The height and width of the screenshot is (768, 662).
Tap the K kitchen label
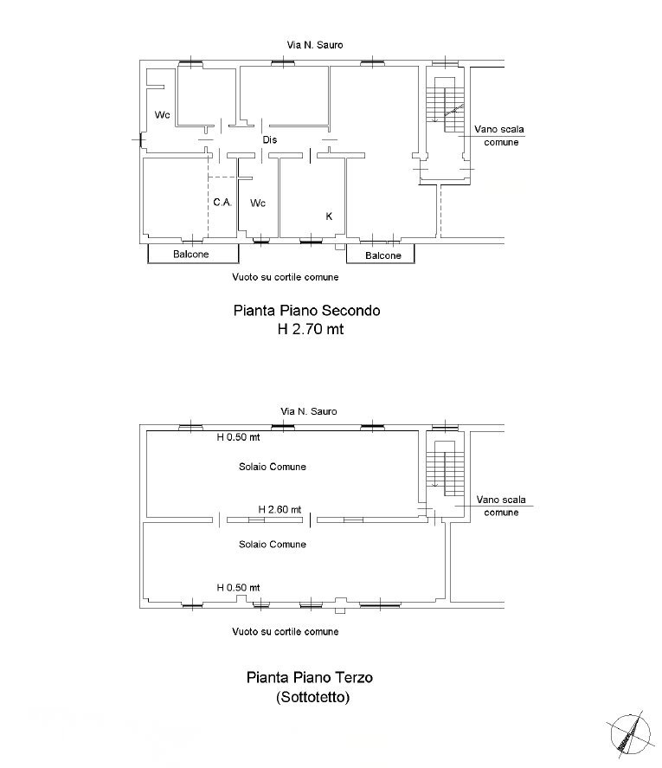point(329,216)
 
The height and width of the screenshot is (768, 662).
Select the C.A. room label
point(222,202)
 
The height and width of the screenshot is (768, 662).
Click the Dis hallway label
point(270,139)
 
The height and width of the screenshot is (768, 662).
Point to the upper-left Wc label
point(162,114)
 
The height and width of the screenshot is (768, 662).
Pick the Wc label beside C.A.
point(258,203)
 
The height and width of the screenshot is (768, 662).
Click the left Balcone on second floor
point(191,255)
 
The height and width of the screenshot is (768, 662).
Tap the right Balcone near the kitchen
point(382,255)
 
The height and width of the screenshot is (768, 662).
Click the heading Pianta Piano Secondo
point(306,311)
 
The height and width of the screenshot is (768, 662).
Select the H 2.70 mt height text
point(311,329)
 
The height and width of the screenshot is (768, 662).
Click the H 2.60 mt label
point(280,509)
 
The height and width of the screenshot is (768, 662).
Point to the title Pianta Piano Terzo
point(310,677)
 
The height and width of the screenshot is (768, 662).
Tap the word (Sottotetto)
point(313,696)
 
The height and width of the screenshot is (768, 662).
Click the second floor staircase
point(445,104)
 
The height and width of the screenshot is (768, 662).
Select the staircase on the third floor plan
point(445,468)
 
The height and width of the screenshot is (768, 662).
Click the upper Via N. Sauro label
point(315,44)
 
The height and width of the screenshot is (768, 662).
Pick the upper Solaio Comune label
point(273,467)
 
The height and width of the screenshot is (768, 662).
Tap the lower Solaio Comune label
point(273,544)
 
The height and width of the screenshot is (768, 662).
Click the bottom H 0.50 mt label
point(238,587)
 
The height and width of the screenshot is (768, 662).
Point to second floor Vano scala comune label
point(499,136)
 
